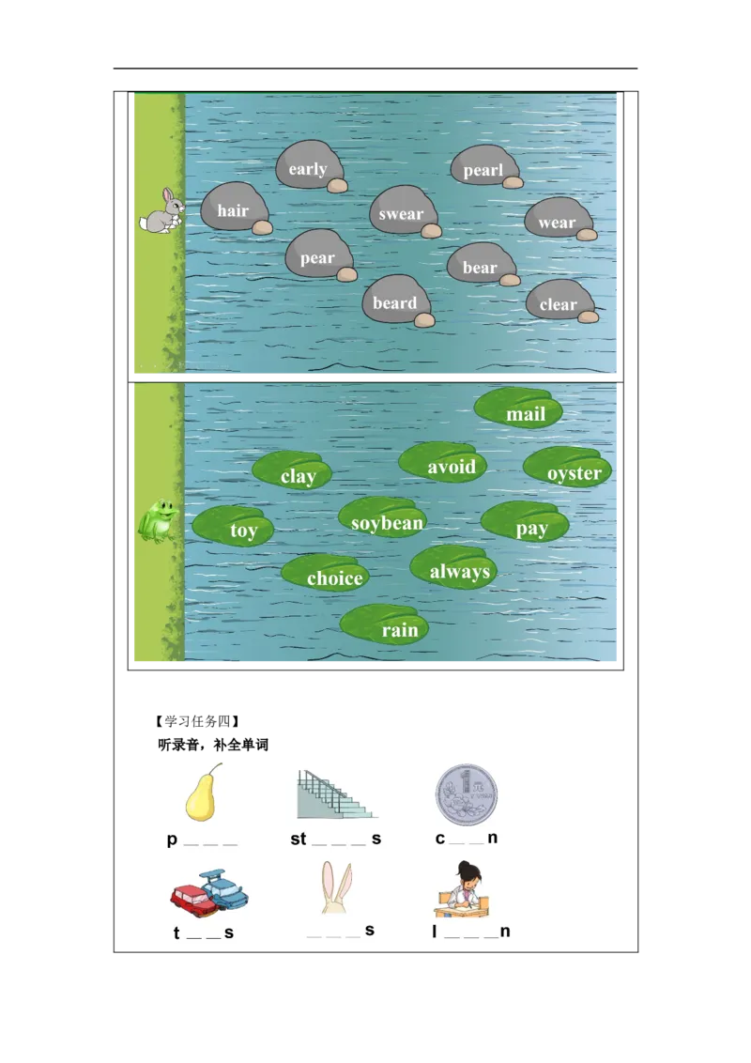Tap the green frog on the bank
pos(159,520)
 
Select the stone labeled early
pos(308,166)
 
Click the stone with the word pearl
pos(483,167)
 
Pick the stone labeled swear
pos(402,211)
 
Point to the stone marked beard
pos(395,300)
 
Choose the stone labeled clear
pos(559,301)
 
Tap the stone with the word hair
pos(234,208)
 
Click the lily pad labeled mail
pos(519,409)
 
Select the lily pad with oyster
pos(569,468)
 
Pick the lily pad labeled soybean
pos(384,518)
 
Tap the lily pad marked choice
pos(326,574)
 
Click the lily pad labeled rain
pos(386,624)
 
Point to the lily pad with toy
pos(234,527)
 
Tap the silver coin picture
pos(467,794)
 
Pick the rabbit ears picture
pos(338,888)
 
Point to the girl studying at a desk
pos(467,889)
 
